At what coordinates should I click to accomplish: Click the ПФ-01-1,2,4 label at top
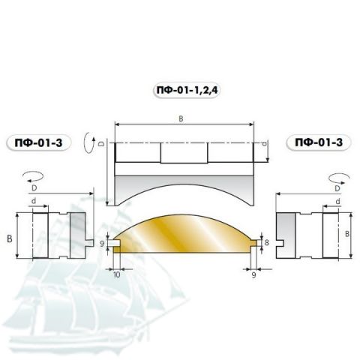click(x=187, y=90)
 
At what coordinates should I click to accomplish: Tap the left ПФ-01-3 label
click(x=38, y=143)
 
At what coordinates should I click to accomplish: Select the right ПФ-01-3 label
click(x=319, y=142)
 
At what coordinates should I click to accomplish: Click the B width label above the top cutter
click(x=181, y=118)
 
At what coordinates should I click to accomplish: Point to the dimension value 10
click(x=117, y=274)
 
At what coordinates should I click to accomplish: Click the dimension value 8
click(x=267, y=242)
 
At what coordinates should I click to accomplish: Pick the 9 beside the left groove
click(x=102, y=244)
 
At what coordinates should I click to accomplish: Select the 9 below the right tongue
click(x=253, y=275)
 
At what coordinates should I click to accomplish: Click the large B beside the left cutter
click(x=10, y=238)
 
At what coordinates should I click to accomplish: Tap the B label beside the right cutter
click(x=347, y=234)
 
